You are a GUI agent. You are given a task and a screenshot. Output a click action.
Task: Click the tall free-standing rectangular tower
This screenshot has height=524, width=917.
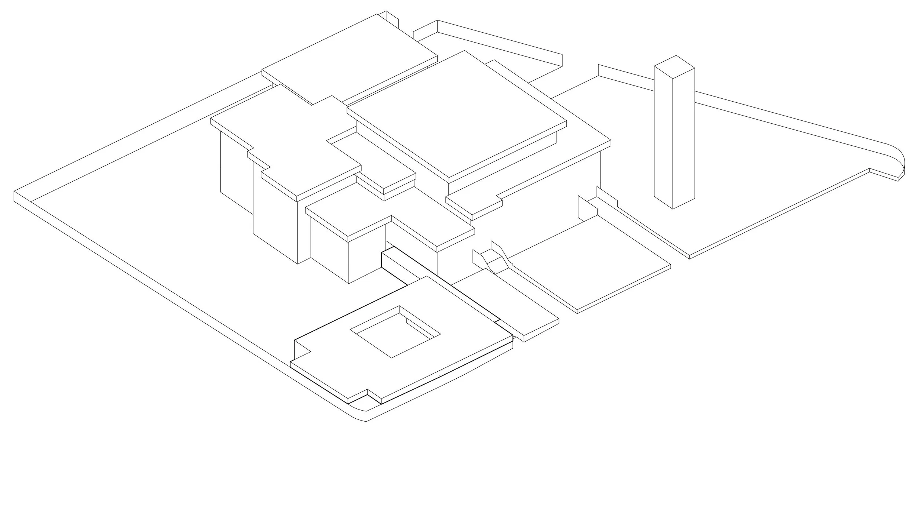click(674, 139)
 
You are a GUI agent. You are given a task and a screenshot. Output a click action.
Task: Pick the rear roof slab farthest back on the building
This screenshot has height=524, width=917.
click(348, 59)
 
